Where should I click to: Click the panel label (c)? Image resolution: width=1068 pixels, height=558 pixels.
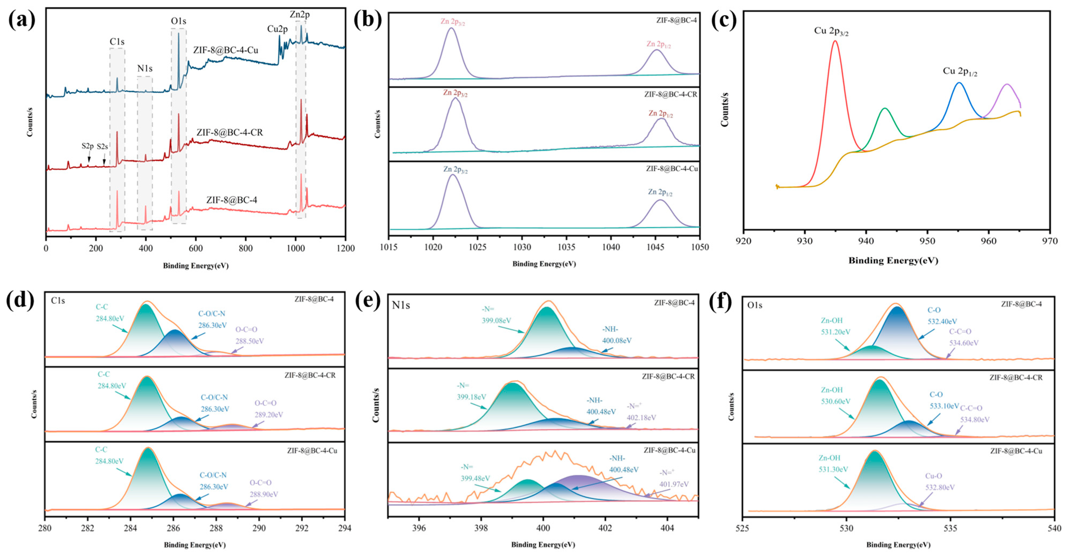click(x=723, y=20)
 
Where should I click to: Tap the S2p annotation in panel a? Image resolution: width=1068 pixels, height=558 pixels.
click(x=88, y=146)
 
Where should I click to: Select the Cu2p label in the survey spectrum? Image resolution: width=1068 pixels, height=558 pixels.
click(x=277, y=29)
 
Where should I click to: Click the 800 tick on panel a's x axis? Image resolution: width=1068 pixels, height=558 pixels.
click(x=246, y=248)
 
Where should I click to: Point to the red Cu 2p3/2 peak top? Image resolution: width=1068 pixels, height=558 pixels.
click(x=835, y=41)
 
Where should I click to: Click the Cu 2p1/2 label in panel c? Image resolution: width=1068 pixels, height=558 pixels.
click(x=960, y=71)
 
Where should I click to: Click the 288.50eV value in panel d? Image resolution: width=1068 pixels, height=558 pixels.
click(x=250, y=341)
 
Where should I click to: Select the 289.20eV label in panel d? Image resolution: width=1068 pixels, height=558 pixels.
click(x=269, y=415)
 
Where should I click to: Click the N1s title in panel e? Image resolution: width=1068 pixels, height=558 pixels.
click(x=401, y=306)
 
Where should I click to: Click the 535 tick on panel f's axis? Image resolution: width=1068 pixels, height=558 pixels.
click(x=950, y=528)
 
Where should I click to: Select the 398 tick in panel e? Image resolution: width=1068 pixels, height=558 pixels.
click(x=481, y=528)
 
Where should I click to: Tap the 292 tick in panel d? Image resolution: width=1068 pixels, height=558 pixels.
click(x=302, y=528)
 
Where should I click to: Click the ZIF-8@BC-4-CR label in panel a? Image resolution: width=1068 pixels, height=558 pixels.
click(x=229, y=133)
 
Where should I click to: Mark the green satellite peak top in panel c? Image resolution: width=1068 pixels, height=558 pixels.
click(x=885, y=108)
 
